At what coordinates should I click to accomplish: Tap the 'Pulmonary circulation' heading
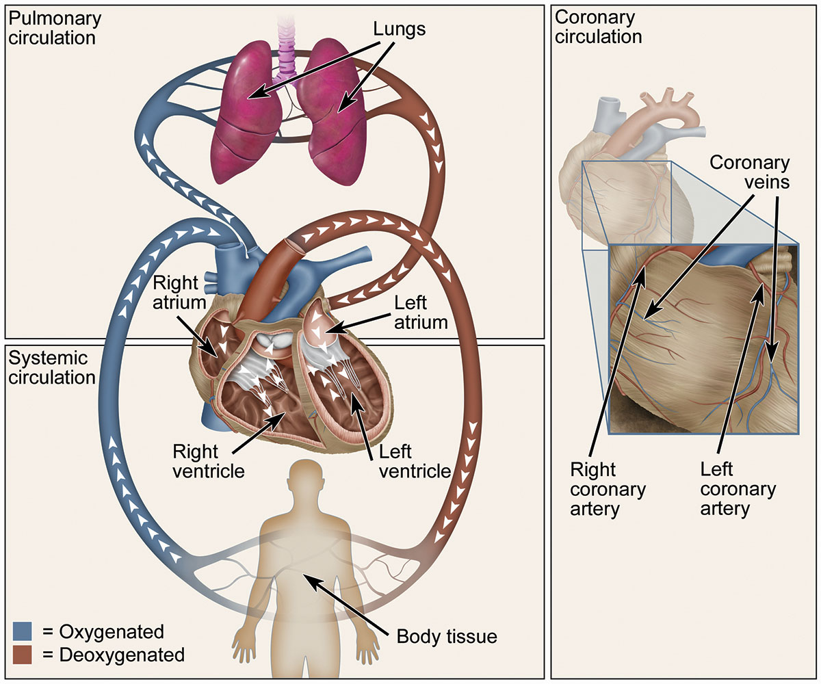53,27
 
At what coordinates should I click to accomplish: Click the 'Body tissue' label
447,637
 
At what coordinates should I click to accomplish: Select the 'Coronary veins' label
749,173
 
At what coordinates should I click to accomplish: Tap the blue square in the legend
23,631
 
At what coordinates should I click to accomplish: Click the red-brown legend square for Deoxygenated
23,655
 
